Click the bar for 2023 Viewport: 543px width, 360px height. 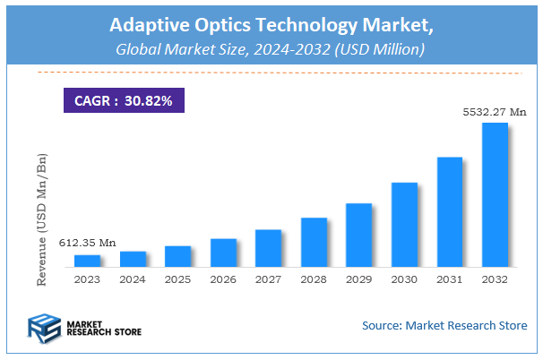88,261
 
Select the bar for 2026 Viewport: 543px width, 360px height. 223,253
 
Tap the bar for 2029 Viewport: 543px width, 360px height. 358,235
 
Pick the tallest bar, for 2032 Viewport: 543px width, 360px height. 495,194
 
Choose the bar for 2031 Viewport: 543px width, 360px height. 450,211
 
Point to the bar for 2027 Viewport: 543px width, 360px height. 268,248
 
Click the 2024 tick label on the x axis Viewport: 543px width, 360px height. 133,279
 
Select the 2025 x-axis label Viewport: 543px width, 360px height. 177,279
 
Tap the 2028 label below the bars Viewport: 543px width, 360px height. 314,279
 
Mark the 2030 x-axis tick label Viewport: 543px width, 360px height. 404,279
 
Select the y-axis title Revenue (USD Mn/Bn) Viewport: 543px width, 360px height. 42,219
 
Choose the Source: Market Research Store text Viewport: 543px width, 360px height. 444,325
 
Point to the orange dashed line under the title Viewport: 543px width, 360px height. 271,73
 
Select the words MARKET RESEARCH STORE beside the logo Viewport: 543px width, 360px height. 95,329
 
